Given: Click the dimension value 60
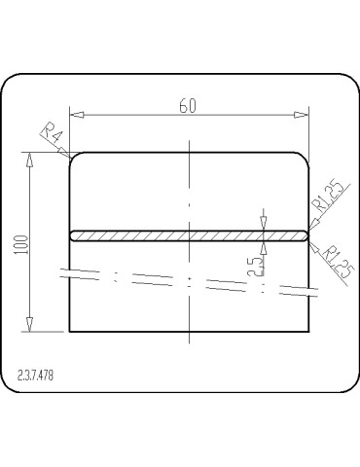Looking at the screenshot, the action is click(188, 106).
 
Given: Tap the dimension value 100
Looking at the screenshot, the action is click(21, 244).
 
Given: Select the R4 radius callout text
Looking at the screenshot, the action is click(52, 133).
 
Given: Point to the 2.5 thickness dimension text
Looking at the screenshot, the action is click(255, 267).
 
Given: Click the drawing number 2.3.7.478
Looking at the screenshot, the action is click(35, 376).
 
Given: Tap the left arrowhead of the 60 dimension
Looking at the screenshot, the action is click(77, 115).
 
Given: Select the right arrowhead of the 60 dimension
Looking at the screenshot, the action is click(302, 115).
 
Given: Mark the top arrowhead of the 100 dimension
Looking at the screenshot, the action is click(29, 160).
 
